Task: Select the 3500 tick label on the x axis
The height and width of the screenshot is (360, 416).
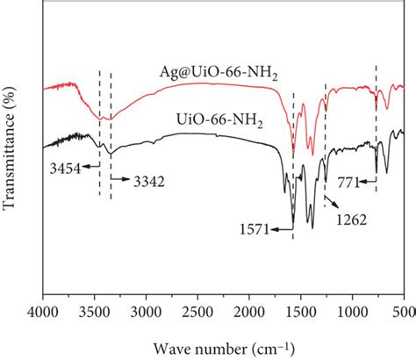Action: click(96, 311)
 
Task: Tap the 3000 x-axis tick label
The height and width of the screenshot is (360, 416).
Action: click(147, 311)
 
